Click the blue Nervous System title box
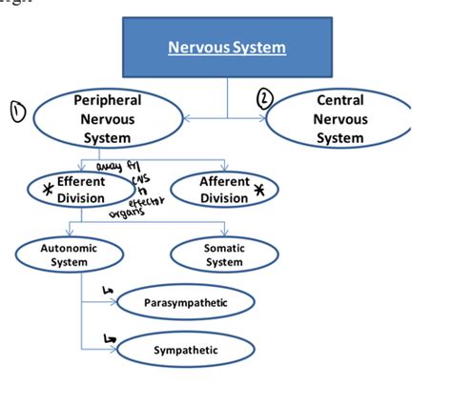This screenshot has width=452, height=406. point(227,47)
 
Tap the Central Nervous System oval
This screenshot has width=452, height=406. point(339,119)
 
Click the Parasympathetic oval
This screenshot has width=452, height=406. point(187,303)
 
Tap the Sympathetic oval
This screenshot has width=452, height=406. point(186,350)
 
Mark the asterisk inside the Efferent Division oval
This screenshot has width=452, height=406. point(43,186)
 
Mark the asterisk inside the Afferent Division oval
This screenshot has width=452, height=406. point(260,190)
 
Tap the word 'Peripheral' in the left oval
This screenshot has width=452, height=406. point(107,100)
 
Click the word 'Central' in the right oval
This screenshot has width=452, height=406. point(339,100)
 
